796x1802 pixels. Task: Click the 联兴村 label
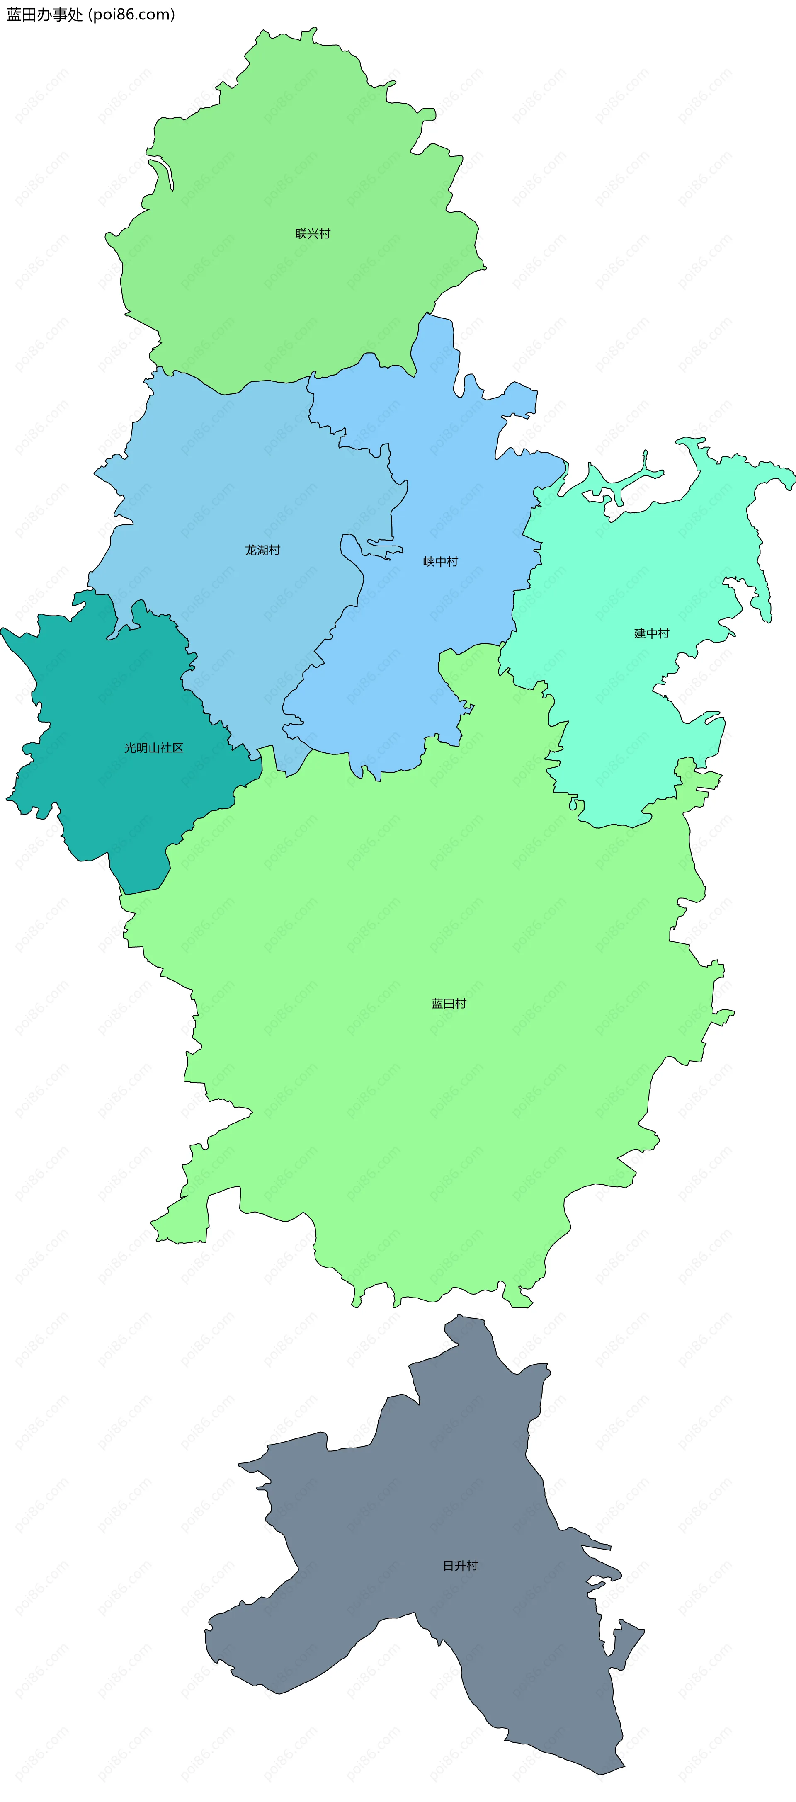pyautogui.click(x=313, y=234)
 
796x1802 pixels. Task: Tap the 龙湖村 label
pyautogui.click(x=262, y=551)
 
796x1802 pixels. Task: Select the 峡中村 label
pyautogui.click(x=441, y=562)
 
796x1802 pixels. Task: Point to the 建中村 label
pyautogui.click(x=651, y=634)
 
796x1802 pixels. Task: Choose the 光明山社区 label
pyautogui.click(x=154, y=748)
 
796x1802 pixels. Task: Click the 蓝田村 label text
pyautogui.click(x=448, y=1004)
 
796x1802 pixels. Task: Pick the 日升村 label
pyautogui.click(x=460, y=1566)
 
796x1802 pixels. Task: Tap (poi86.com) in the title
pyautogui.click(x=131, y=15)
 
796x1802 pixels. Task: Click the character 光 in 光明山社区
pyautogui.click(x=130, y=748)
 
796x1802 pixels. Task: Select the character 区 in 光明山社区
pyautogui.click(x=178, y=748)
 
